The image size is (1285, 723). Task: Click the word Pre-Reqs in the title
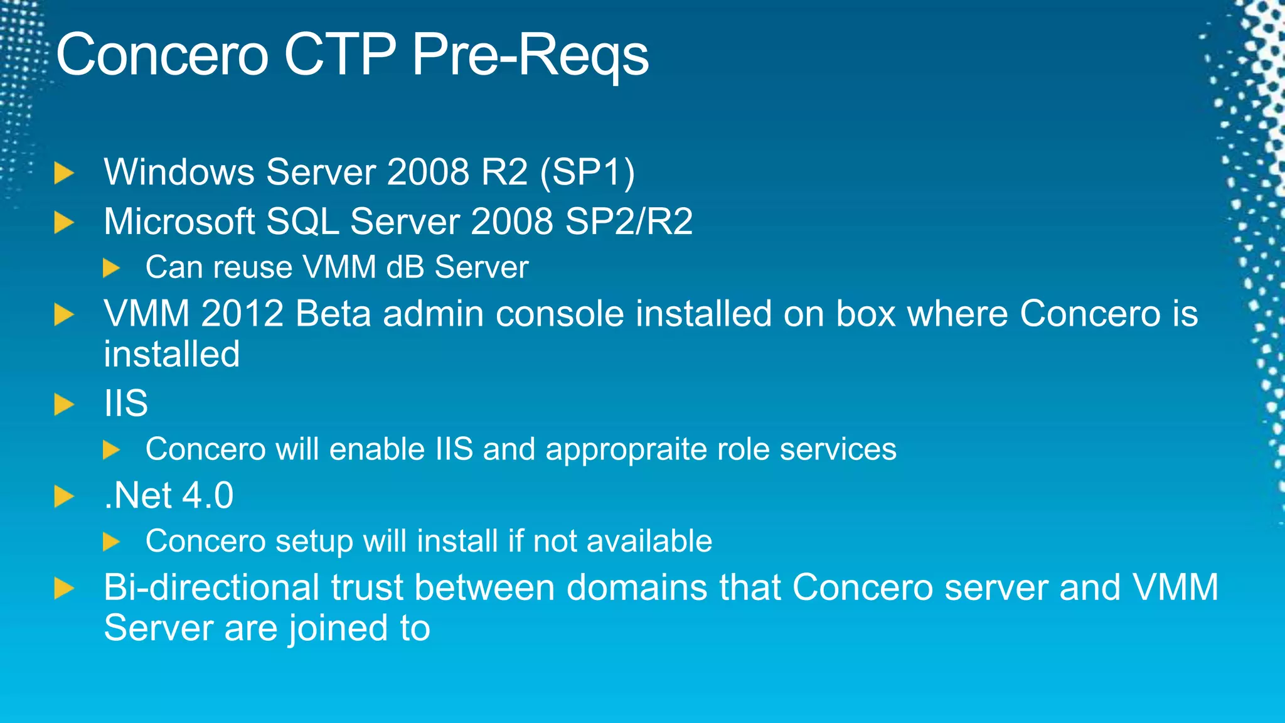530,55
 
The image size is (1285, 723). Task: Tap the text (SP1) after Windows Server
588,172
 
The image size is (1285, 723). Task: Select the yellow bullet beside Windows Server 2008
64,173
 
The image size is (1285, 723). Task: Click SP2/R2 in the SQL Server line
629,222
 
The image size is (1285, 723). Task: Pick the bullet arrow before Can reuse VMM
111,268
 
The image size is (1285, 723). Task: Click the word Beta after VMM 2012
333,313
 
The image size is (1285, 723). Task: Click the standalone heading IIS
126,403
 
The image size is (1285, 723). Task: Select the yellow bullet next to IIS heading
64,404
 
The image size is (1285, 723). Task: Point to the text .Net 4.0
169,495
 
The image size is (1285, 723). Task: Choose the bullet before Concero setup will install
111,541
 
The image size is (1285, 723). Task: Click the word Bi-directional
212,587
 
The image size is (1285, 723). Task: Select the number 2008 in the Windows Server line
428,172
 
